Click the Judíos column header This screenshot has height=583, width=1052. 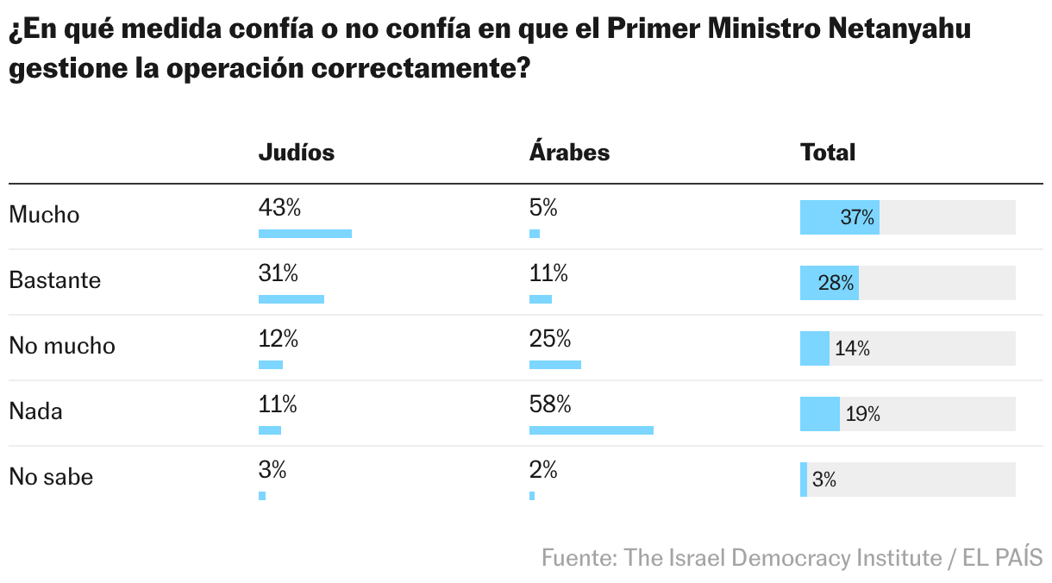tap(296, 153)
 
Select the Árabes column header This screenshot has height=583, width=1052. tap(569, 153)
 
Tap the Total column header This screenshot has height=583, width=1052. tap(828, 153)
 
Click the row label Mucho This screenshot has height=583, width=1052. tap(44, 215)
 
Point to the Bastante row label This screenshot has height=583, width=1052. tap(54, 280)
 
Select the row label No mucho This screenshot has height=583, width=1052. tap(61, 346)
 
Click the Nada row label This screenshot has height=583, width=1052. tap(35, 411)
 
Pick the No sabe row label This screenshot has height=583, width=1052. tap(51, 477)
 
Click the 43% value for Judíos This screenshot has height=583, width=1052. tap(279, 208)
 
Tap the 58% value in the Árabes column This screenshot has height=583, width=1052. tap(550, 404)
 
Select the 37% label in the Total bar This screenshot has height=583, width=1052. tap(857, 218)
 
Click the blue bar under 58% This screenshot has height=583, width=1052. tap(591, 429)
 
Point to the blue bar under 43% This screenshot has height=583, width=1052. tap(304, 233)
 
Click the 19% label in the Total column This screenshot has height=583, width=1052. tap(862, 415)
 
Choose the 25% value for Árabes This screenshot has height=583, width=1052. tap(550, 339)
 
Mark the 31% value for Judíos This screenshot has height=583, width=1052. tap(278, 273)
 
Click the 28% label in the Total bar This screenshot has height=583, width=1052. tap(836, 284)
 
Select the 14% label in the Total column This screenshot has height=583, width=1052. tap(852, 349)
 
